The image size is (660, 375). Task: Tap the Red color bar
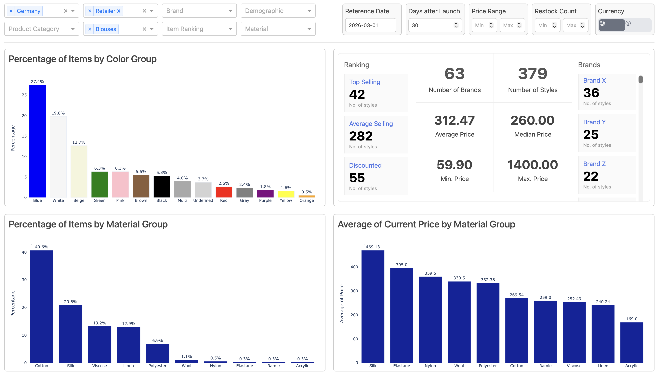[224, 192]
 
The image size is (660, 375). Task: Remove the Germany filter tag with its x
[11, 11]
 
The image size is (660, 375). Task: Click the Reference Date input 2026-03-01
[370, 25]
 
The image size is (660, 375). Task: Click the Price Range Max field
[509, 25]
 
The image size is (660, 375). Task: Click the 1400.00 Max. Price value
[532, 165]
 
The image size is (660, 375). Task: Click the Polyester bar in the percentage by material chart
[157, 353]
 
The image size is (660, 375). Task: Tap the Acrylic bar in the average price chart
[631, 342]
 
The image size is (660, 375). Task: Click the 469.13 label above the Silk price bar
[373, 247]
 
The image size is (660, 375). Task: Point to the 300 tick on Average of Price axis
[354, 291]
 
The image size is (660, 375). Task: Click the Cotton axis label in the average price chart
[516, 366]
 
